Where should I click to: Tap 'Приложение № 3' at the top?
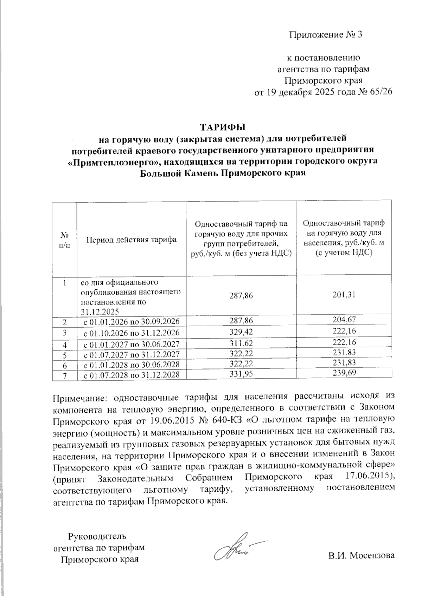[325, 35]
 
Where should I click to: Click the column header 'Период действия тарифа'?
[132, 240]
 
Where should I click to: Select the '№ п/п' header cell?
[64, 240]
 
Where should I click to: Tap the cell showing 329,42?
[241, 332]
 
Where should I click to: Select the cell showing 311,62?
[241, 343]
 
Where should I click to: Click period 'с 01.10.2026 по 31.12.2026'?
[132, 332]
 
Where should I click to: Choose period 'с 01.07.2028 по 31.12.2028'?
[132, 375]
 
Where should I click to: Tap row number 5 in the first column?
[65, 355]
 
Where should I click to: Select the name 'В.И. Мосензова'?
[362, 556]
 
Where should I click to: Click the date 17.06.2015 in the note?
[367, 477]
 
